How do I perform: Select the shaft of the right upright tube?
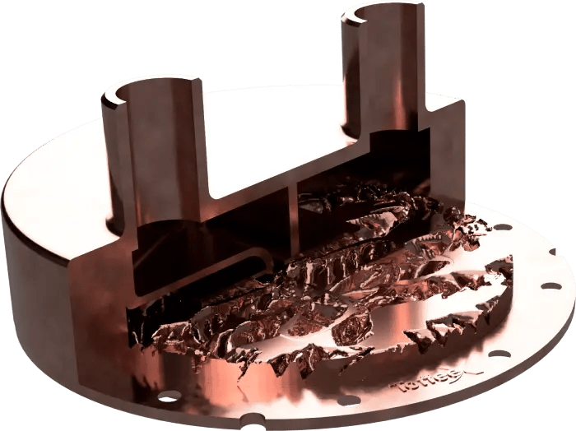click(x=387, y=74)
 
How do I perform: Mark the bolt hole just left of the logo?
click(x=348, y=400)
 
